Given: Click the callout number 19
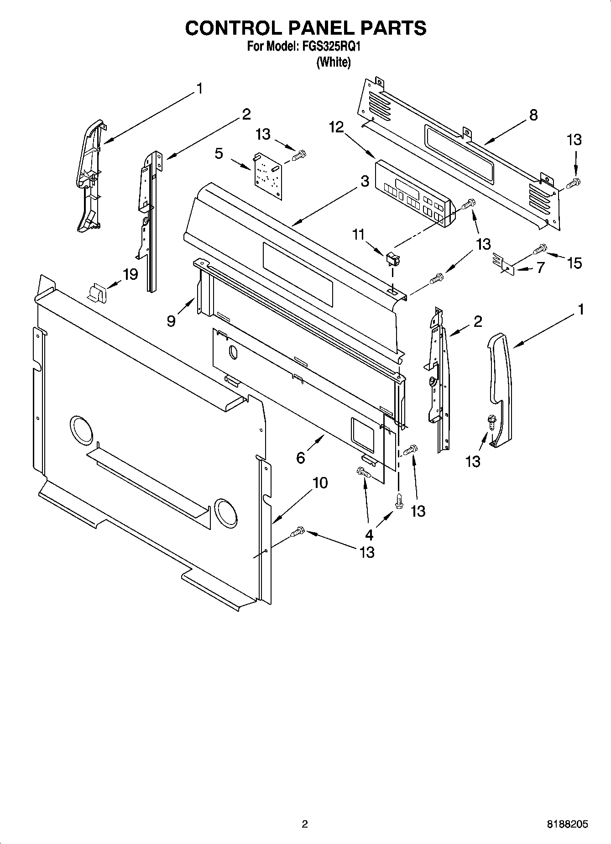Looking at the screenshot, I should (130, 274).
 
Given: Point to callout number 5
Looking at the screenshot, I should (219, 153).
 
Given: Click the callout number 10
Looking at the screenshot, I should (320, 482).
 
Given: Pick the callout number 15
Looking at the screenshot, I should (574, 262).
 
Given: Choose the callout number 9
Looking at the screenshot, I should (171, 321).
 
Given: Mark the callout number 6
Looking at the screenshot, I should (300, 457).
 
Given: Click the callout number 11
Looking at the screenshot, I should (358, 235).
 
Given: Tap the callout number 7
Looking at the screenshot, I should (540, 267).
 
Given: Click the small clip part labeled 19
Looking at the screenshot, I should (96, 292).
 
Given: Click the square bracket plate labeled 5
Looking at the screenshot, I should (267, 176).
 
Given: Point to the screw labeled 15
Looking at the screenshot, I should (540, 249).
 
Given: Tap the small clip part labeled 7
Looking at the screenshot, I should (503, 264).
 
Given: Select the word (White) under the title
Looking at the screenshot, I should (334, 62).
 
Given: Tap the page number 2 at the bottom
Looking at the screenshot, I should (305, 824).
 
